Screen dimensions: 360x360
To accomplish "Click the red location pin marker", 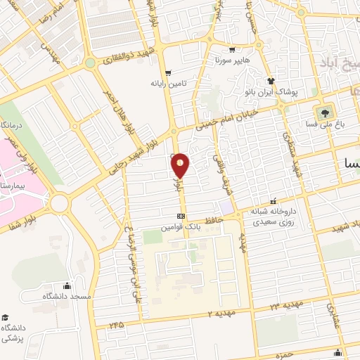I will [181, 166].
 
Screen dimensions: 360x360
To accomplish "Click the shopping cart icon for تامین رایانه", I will [167, 72].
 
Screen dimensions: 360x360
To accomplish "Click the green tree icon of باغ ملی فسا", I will [325, 113].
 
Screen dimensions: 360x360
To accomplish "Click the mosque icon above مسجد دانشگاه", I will [67, 285].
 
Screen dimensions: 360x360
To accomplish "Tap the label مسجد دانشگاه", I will [67, 297].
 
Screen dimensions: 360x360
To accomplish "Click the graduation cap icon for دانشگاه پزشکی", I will [6, 317].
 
